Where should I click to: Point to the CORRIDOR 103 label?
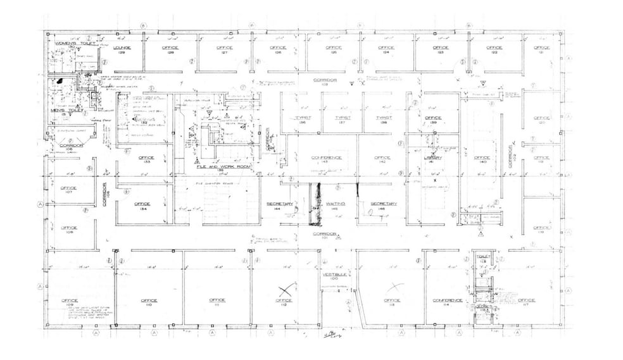(x=324, y=82)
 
